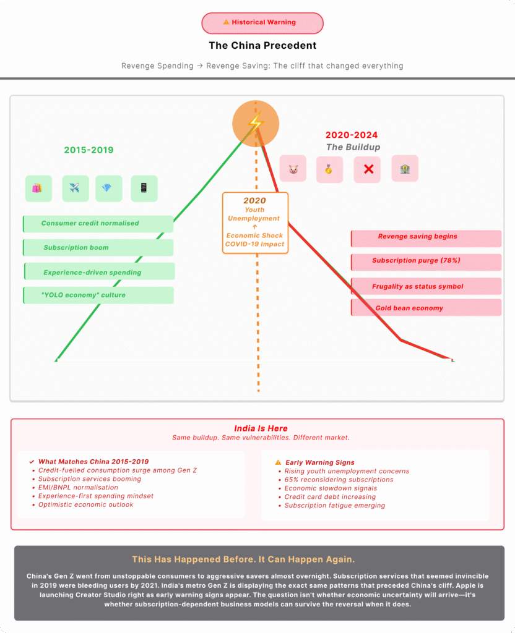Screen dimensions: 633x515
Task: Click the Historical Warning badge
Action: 262,23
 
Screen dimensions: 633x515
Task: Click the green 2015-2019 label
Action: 89,150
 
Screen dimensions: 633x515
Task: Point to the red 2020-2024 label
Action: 352,135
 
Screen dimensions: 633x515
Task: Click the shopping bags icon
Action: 38,189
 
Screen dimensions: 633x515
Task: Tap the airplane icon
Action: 76,189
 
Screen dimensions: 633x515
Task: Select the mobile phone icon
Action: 144,189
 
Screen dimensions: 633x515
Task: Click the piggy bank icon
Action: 293,169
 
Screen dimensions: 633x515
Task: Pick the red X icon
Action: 368,169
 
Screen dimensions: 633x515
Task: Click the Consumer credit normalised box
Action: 98,224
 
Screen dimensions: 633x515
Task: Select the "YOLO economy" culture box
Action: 98,295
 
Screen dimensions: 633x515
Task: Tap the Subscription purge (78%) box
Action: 426,261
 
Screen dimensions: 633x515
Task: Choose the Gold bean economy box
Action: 426,308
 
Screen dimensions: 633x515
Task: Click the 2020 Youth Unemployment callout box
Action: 255,223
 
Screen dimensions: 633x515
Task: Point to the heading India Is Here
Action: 261,428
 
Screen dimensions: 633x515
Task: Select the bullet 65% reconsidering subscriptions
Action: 339,480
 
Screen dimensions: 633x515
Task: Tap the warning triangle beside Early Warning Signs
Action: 278,462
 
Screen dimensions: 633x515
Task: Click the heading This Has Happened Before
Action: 243,559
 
